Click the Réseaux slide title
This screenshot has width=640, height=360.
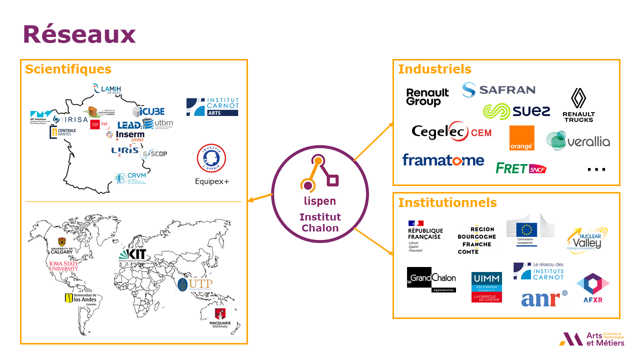pos(79,34)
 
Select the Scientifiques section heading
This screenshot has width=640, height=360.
pos(68,69)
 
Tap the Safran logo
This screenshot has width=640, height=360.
pos(498,90)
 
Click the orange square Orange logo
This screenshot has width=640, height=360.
pos(521,138)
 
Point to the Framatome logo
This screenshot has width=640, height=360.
pos(443,160)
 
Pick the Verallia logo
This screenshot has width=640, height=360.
pos(577,141)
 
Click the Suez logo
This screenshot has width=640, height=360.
pos(516,111)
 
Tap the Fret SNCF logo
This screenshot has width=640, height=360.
pos(520,168)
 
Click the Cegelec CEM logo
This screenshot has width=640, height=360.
pos(451,132)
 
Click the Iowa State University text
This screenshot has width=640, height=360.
pos(63,265)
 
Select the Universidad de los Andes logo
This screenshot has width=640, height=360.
pos(80,298)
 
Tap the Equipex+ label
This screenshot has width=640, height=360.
pos(212,181)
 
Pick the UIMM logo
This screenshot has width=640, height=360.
pos(486,287)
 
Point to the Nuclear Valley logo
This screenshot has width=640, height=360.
pos(587,240)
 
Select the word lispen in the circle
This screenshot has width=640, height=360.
pos(320,201)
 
